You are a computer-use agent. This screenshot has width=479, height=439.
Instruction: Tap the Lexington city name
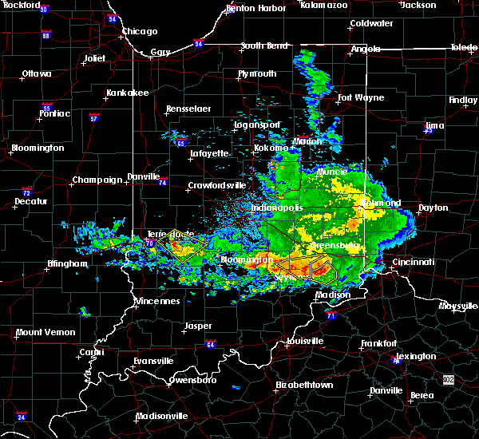coord(416,356)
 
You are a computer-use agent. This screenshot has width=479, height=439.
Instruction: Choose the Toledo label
coord(464,48)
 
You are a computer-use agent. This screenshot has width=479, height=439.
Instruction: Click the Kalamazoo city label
coord(324,5)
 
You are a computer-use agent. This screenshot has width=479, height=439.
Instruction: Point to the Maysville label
coord(457,306)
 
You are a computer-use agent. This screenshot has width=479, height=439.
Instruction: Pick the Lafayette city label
coord(209,153)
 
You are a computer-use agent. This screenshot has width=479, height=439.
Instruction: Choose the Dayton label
coord(433,208)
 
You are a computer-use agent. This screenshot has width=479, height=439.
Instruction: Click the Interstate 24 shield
coord(21,417)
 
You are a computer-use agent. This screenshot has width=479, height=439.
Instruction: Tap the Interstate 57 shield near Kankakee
coord(93,118)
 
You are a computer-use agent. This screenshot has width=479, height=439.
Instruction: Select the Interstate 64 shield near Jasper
coord(211,345)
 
